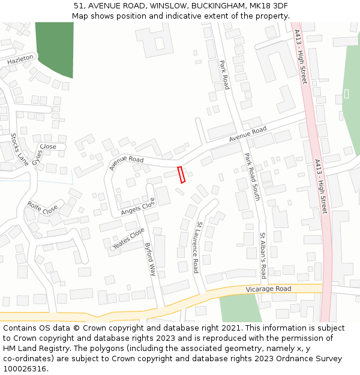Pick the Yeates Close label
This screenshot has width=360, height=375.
pyautogui.click(x=128, y=238)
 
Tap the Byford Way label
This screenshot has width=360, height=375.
pyautogui.click(x=150, y=259)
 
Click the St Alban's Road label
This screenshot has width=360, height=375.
pyautogui.click(x=262, y=256)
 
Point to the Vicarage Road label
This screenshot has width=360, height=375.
pyautogui.click(x=268, y=289)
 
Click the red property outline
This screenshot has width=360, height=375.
pyautogui.click(x=182, y=175)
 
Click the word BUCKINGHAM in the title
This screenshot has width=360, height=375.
pyautogui.click(x=217, y=6)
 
